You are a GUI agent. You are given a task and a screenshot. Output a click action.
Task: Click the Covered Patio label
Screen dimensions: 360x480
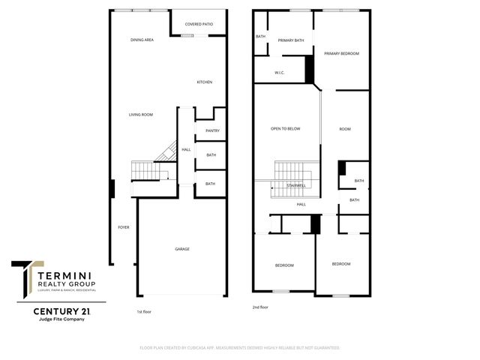(199, 24)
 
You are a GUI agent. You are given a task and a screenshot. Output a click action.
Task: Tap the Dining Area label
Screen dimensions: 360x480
(142, 39)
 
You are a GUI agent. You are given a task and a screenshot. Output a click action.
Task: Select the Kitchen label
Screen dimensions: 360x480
(205, 82)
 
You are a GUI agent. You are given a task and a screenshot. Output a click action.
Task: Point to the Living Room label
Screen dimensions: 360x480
(140, 114)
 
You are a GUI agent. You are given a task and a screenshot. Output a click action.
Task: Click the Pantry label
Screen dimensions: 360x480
(211, 130)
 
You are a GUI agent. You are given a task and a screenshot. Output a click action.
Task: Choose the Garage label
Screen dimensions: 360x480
(182, 249)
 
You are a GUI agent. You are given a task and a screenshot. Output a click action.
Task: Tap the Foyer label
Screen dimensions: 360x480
(123, 226)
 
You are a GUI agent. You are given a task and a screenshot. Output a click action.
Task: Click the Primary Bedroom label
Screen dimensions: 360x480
(341, 53)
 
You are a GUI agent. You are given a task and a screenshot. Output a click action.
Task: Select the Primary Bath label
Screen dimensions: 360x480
(290, 40)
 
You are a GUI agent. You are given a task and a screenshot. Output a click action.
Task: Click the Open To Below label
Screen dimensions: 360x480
(285, 128)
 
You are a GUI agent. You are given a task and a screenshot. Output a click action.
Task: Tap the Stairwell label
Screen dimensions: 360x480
(296, 184)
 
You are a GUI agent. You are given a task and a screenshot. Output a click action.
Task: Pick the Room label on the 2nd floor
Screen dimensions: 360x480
(345, 129)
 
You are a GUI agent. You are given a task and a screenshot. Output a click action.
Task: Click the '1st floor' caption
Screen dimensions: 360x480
(144, 310)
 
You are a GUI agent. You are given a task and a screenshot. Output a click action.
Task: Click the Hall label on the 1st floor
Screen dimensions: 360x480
(186, 149)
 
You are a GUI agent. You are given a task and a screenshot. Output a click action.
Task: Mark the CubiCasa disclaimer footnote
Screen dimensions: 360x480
(240, 348)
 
